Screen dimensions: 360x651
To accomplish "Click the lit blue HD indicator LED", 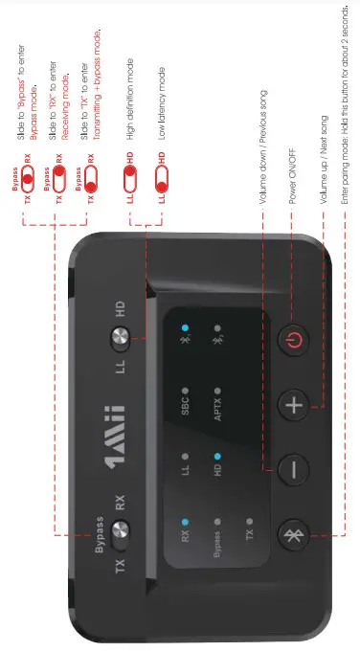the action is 218,457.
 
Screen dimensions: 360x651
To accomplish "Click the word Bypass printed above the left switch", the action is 99,531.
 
